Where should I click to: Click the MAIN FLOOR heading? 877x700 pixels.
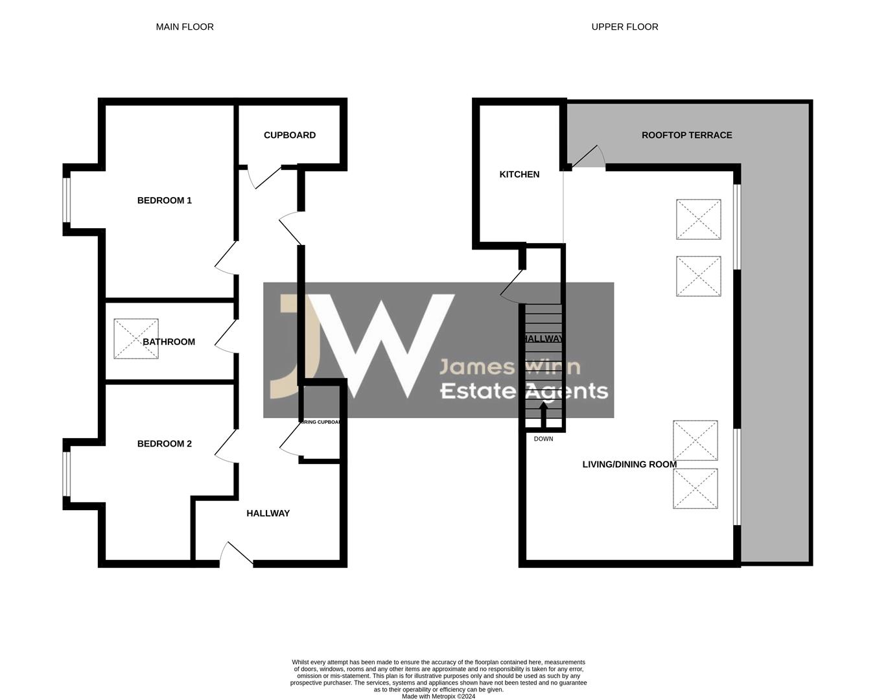point(185,27)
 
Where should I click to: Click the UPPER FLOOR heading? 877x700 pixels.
point(625,27)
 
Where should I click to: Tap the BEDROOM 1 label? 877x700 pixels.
point(165,200)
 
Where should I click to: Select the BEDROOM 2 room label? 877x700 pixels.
point(165,444)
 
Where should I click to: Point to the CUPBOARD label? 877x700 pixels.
point(290,135)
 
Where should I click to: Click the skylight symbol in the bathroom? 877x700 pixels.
point(135,338)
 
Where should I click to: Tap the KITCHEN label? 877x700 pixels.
point(519,174)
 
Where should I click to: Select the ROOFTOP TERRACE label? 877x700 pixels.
point(686,135)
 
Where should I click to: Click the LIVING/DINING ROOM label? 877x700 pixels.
point(629,464)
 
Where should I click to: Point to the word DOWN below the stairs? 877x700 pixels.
point(543,439)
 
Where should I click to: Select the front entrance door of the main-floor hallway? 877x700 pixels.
point(237,554)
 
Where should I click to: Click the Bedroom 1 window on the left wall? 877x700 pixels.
point(66,200)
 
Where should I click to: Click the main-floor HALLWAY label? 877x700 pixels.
point(268,513)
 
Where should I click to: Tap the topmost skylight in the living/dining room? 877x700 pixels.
point(698,220)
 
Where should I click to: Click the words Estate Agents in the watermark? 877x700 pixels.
point(524,391)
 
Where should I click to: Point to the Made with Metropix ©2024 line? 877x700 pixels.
point(438,697)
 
